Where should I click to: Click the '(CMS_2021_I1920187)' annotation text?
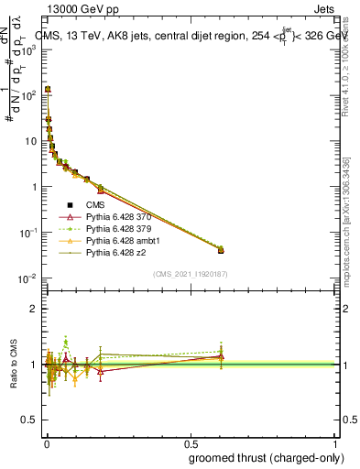click(x=191, y=274)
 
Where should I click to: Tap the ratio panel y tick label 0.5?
click(x=29, y=420)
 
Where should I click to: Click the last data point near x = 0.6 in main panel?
click(x=221, y=249)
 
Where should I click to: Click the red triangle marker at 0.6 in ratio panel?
click(x=221, y=356)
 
